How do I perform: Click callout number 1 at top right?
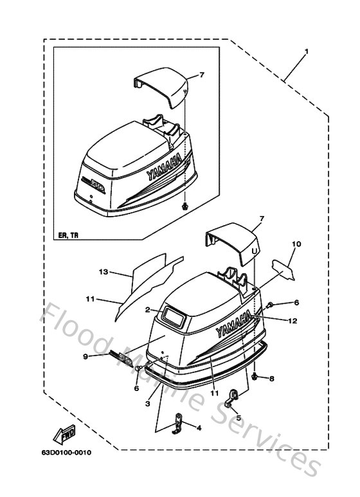coord(307,51)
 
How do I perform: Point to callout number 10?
coord(296,244)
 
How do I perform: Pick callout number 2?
coord(147,310)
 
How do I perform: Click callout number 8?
coord(271,379)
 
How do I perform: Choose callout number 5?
coord(238,417)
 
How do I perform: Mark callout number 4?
coord(198,428)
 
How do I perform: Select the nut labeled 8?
coord(255,375)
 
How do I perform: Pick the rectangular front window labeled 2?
coord(174,314)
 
